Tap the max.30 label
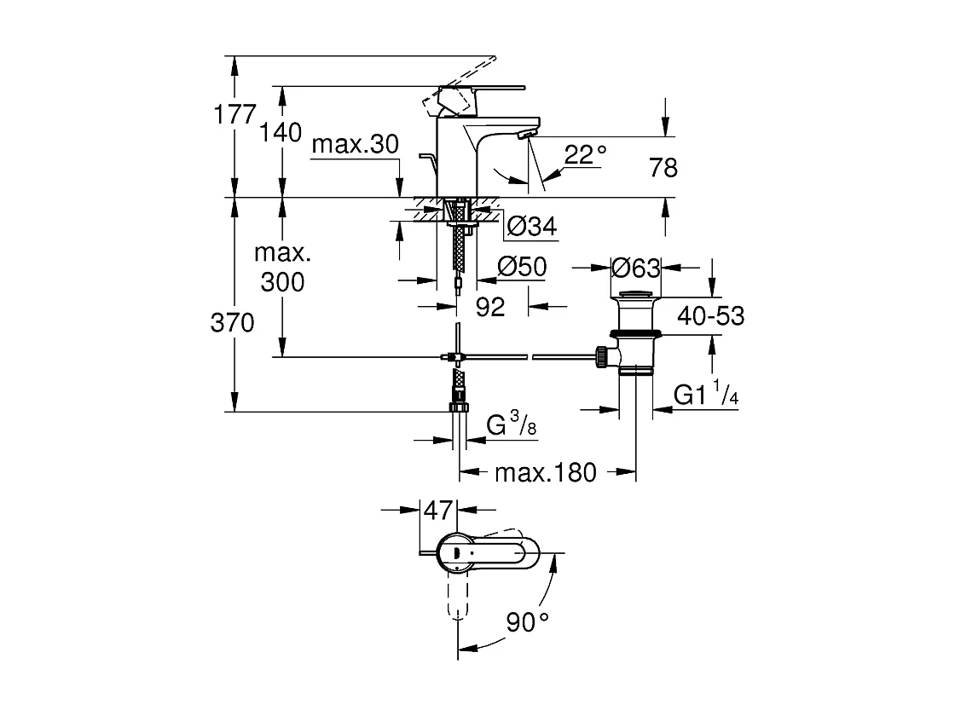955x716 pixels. (x=355, y=144)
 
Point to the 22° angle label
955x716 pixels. (x=585, y=154)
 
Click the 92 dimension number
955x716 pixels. (x=490, y=307)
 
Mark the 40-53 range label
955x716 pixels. (x=711, y=316)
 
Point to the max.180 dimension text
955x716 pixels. (x=546, y=472)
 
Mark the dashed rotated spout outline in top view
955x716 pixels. (x=457, y=597)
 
